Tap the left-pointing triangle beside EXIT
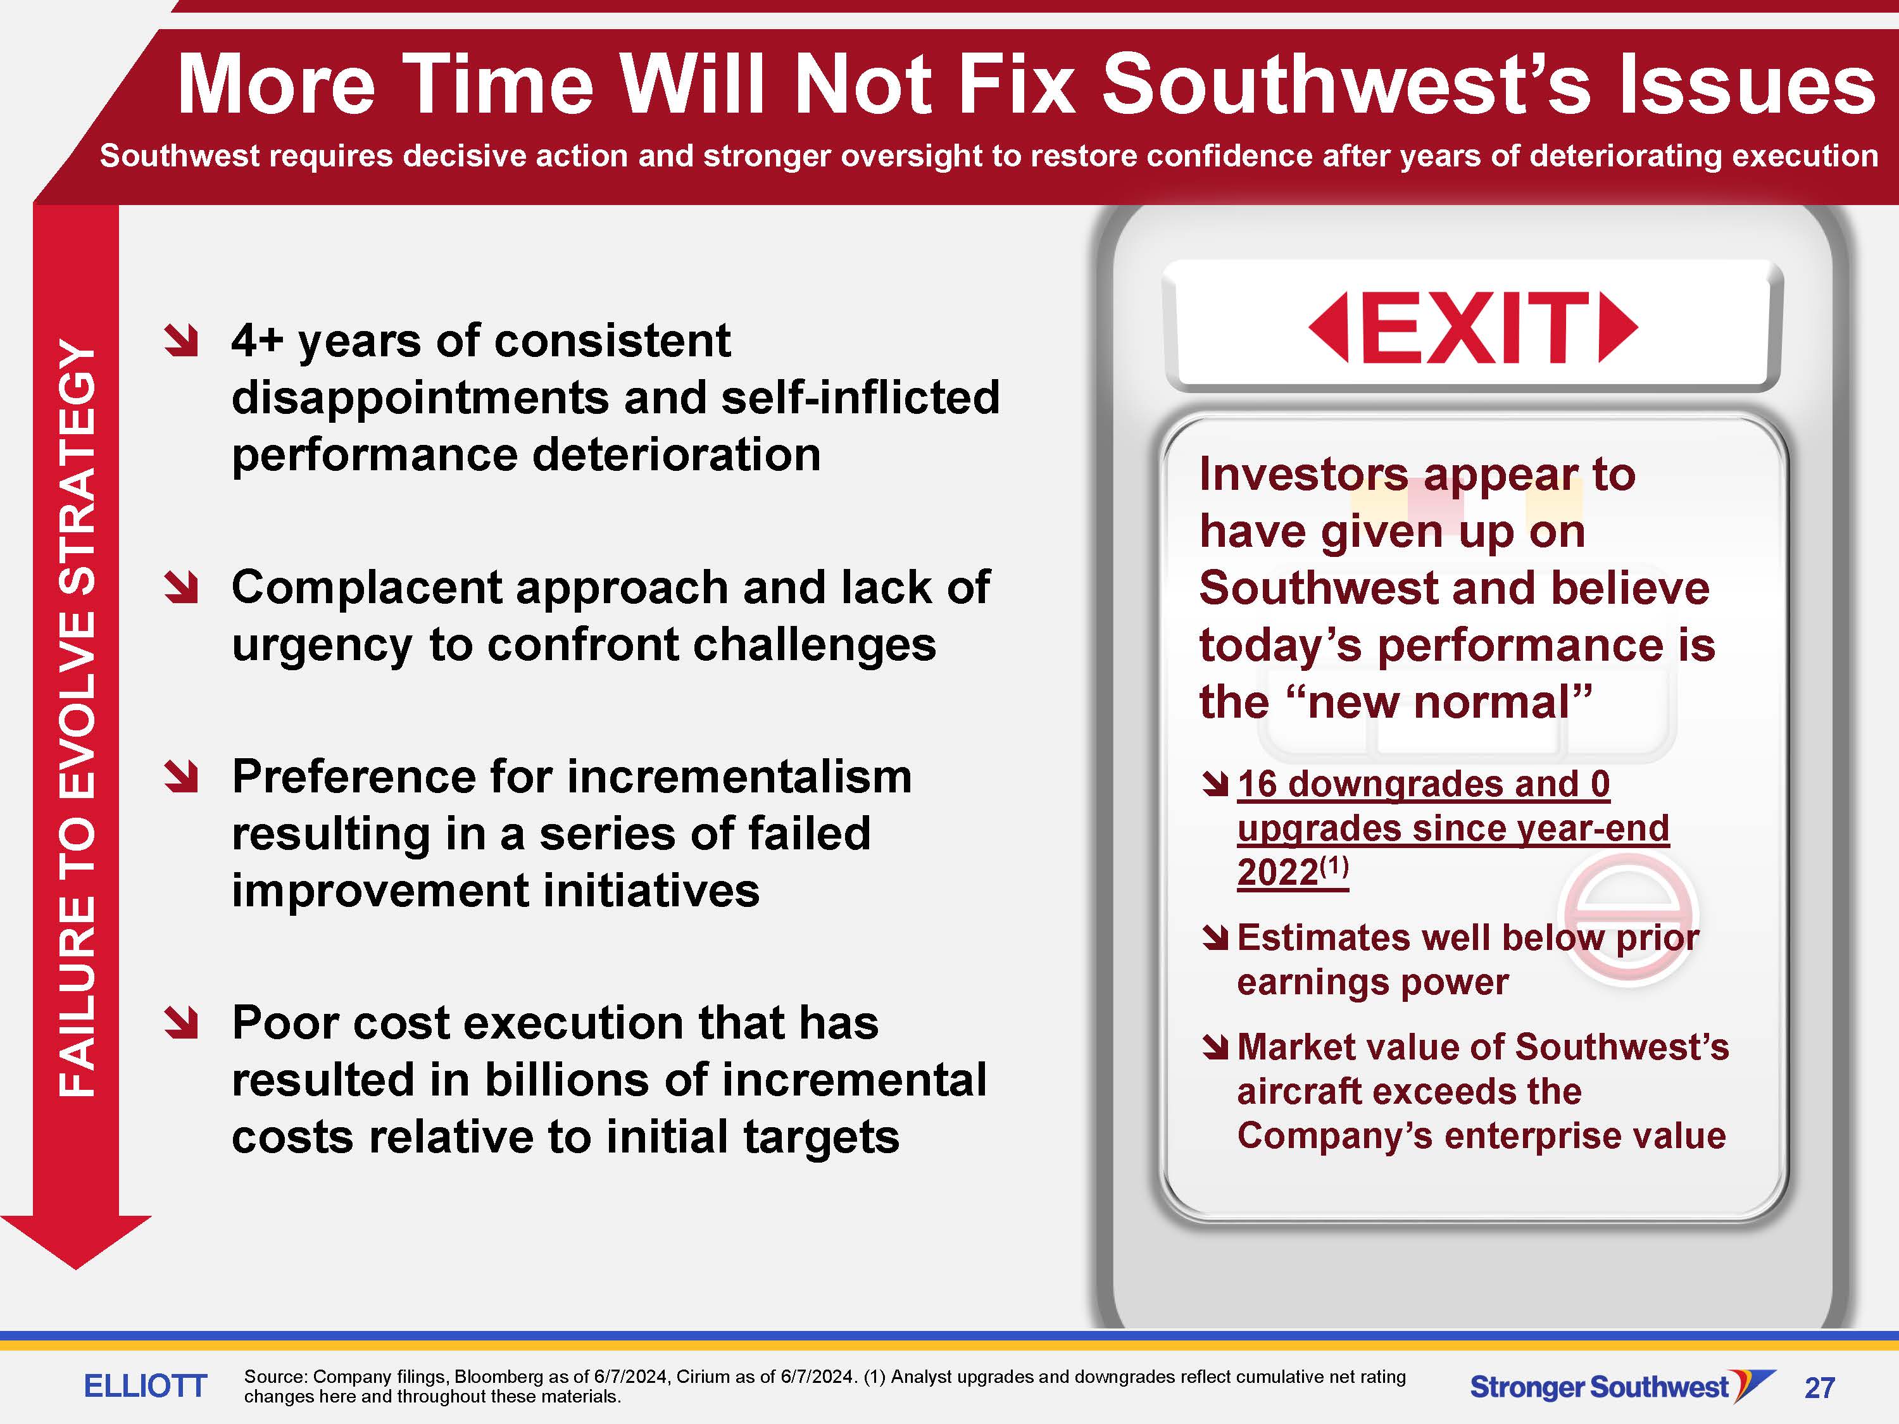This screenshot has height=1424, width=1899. tap(1329, 327)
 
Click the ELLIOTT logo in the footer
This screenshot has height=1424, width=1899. tap(145, 1385)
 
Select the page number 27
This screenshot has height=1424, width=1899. tap(1820, 1388)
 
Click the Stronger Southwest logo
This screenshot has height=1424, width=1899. tap(1622, 1385)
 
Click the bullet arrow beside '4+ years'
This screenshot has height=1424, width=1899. tap(182, 342)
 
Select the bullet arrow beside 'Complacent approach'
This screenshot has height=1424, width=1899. tap(182, 588)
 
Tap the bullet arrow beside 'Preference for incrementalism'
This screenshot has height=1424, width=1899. tap(182, 777)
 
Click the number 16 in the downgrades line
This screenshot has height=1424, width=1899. tap(1257, 784)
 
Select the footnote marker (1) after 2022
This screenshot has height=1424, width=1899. tap(1334, 866)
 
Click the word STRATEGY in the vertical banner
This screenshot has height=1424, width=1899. tap(77, 467)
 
